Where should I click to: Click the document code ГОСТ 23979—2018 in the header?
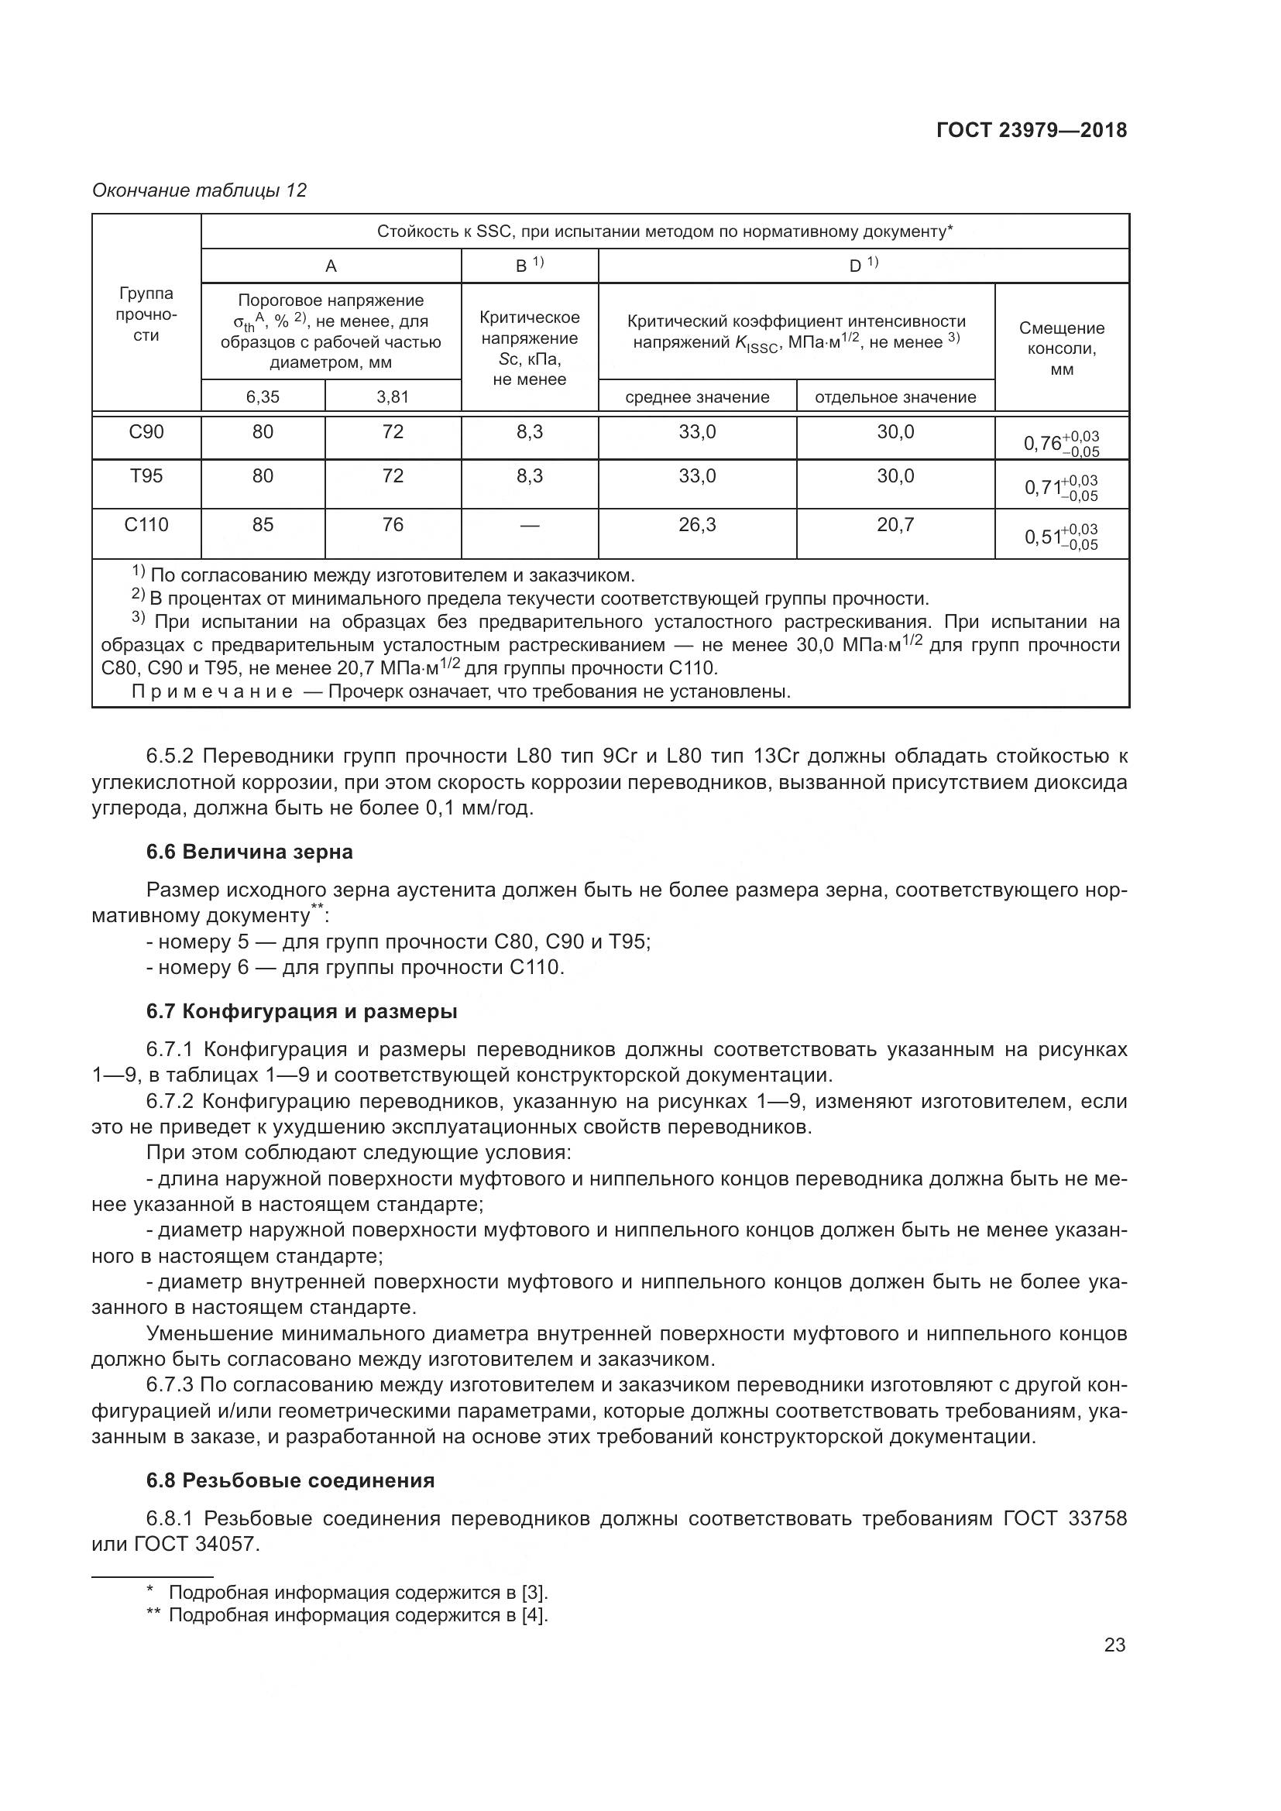[1031, 130]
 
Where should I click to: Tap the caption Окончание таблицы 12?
[199, 190]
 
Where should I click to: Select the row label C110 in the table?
[146, 524]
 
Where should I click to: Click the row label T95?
[146, 475]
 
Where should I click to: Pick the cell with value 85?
[263, 524]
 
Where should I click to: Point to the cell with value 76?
[393, 524]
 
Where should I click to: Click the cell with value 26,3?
[697, 524]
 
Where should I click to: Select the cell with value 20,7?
[895, 524]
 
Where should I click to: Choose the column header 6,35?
[263, 396]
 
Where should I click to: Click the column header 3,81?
[393, 396]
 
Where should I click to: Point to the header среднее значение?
[697, 396]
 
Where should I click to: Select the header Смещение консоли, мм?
[1062, 348]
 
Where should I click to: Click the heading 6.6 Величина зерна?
[249, 852]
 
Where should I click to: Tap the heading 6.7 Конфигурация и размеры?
[301, 1011]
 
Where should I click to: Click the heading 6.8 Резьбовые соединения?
[290, 1480]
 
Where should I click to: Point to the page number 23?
[1114, 1645]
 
